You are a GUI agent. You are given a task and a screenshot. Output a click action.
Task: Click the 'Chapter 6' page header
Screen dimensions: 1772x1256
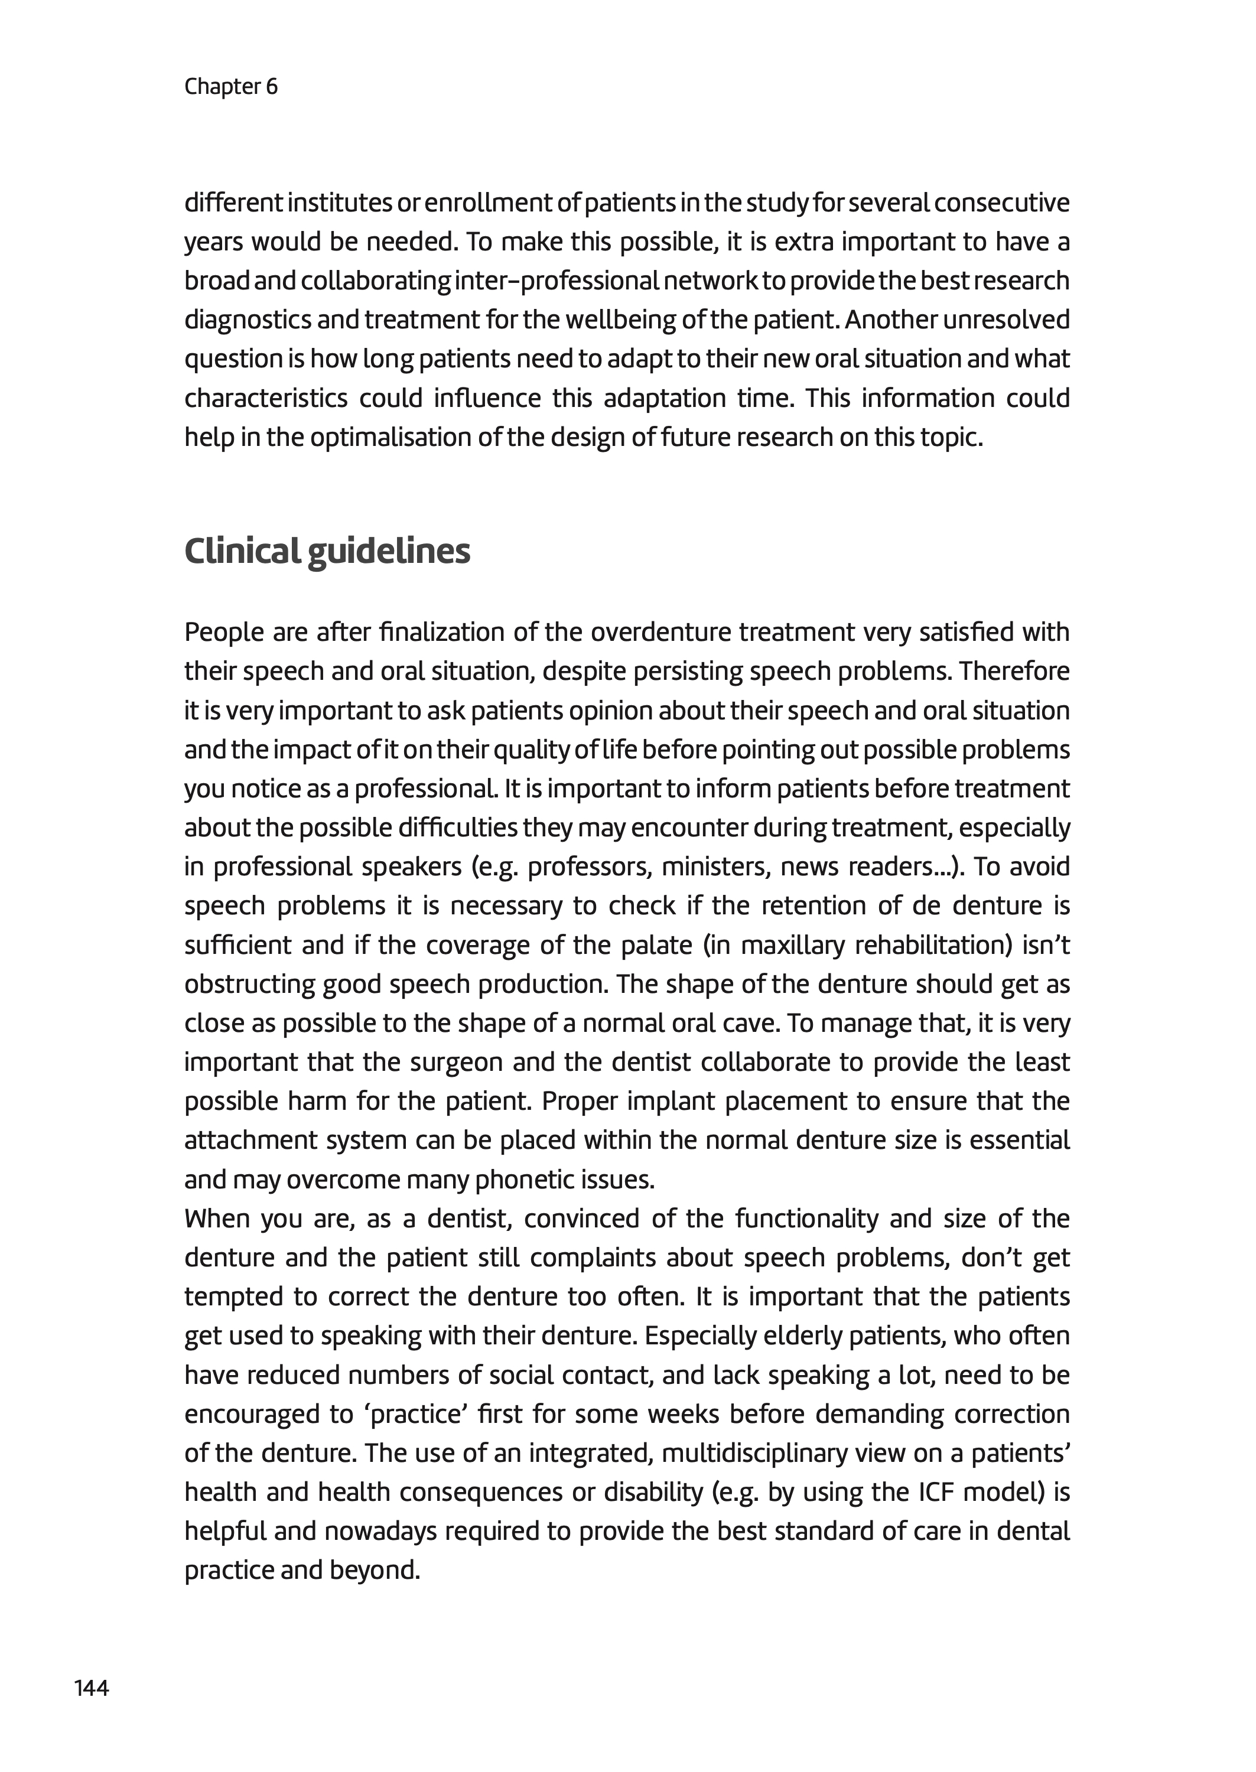coord(230,87)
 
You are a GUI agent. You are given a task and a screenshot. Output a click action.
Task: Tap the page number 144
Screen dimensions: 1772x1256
coord(91,1688)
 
